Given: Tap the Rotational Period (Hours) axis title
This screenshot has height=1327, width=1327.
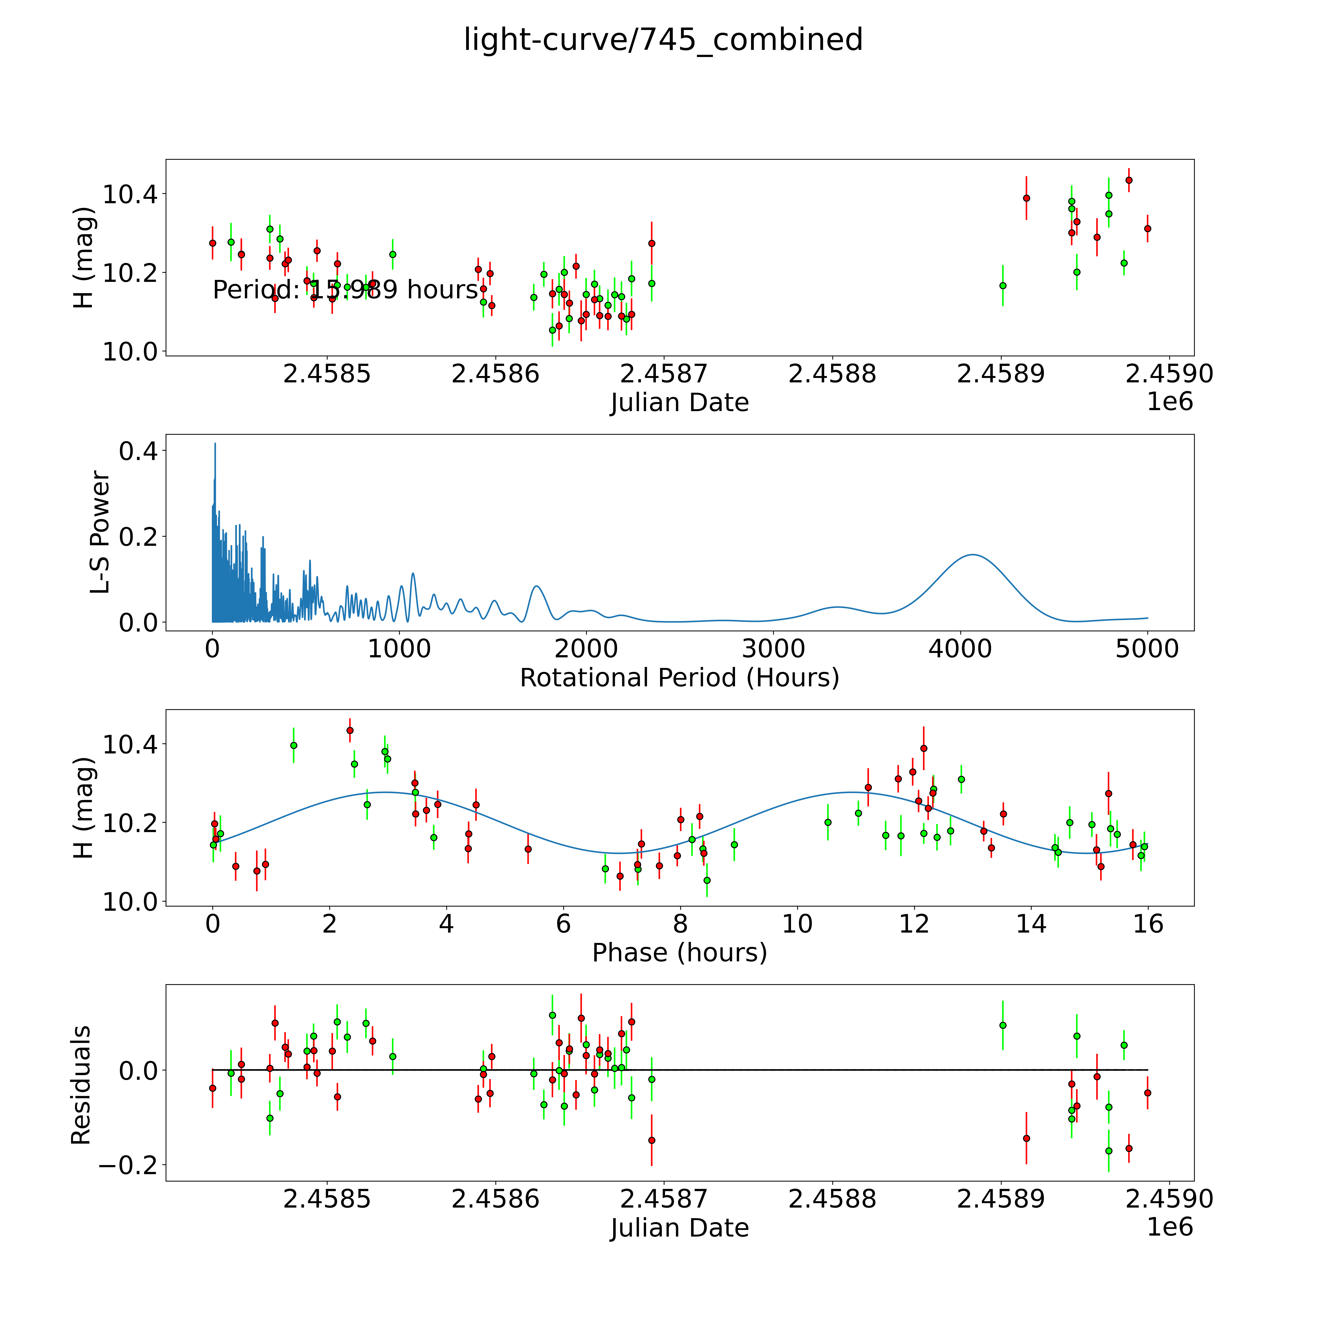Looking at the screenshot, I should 679,678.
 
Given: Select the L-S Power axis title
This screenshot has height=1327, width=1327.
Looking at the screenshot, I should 100,532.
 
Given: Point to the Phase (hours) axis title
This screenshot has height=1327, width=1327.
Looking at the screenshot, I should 679,953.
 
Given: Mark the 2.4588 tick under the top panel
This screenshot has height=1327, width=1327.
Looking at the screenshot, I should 833,374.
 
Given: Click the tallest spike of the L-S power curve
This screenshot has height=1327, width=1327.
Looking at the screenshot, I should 215,444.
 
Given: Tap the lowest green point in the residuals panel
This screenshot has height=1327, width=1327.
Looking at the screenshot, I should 1109,1151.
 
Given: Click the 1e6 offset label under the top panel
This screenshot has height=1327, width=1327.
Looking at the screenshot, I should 1170,402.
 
